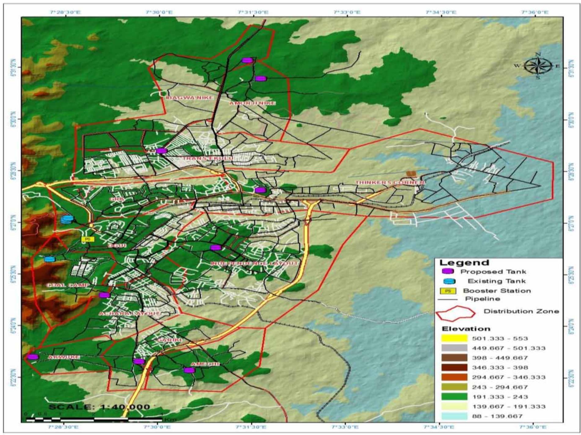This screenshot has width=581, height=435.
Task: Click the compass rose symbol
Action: click(538, 66)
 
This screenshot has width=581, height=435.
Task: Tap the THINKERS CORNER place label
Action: click(390, 182)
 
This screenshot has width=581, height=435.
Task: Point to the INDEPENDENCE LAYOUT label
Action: click(254, 263)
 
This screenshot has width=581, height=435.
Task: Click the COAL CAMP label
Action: click(68, 285)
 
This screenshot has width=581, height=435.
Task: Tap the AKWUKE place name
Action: click(64, 357)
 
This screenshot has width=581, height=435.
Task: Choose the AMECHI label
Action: click(205, 364)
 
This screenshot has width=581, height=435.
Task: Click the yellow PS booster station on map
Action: click(88, 239)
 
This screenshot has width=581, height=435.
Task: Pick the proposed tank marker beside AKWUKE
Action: click(33, 357)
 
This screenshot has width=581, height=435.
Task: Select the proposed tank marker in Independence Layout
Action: click(216, 248)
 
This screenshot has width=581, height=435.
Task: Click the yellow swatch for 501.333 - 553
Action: click(454, 338)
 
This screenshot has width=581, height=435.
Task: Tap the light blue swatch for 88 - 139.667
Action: click(454, 416)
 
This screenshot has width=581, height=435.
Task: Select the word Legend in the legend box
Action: click(464, 263)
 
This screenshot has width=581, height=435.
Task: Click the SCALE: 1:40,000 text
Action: click(99, 407)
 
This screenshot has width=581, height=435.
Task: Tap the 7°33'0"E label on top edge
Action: click(347, 12)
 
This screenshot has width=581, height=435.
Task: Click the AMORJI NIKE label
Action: click(252, 103)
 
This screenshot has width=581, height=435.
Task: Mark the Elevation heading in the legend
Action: click(466, 329)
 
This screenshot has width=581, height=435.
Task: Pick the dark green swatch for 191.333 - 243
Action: click(454, 397)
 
